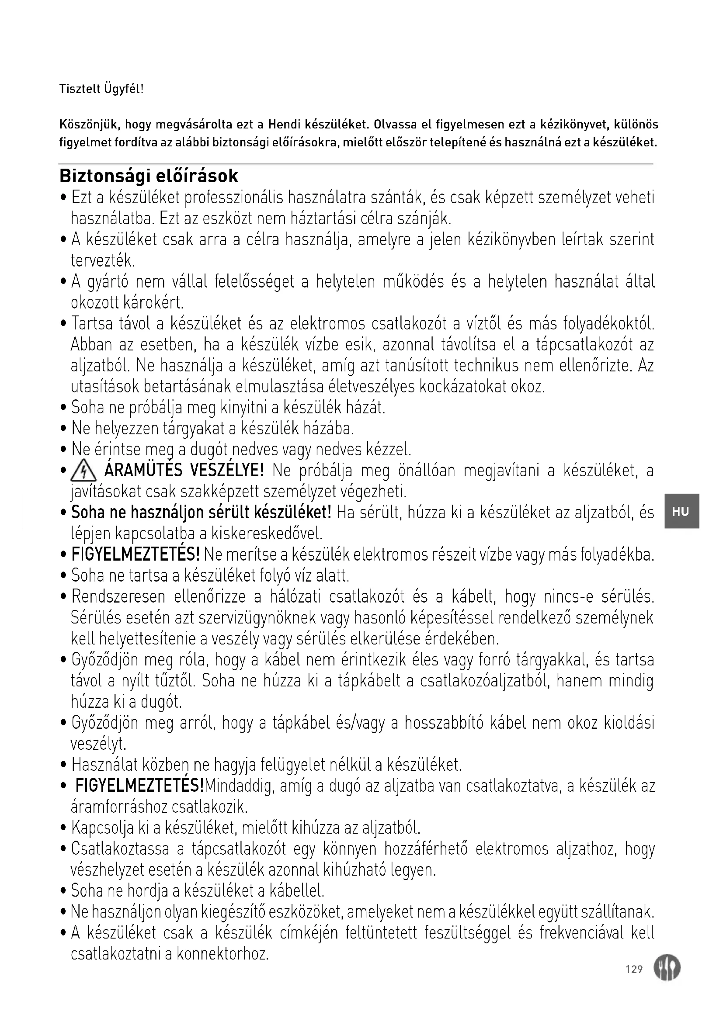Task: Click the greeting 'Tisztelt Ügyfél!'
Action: click(101, 89)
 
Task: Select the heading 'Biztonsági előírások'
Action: click(149, 176)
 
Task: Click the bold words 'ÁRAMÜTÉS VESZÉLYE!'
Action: click(184, 470)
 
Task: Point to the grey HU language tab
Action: click(681, 512)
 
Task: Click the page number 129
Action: click(634, 969)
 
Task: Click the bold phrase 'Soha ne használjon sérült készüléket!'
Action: click(201, 513)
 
